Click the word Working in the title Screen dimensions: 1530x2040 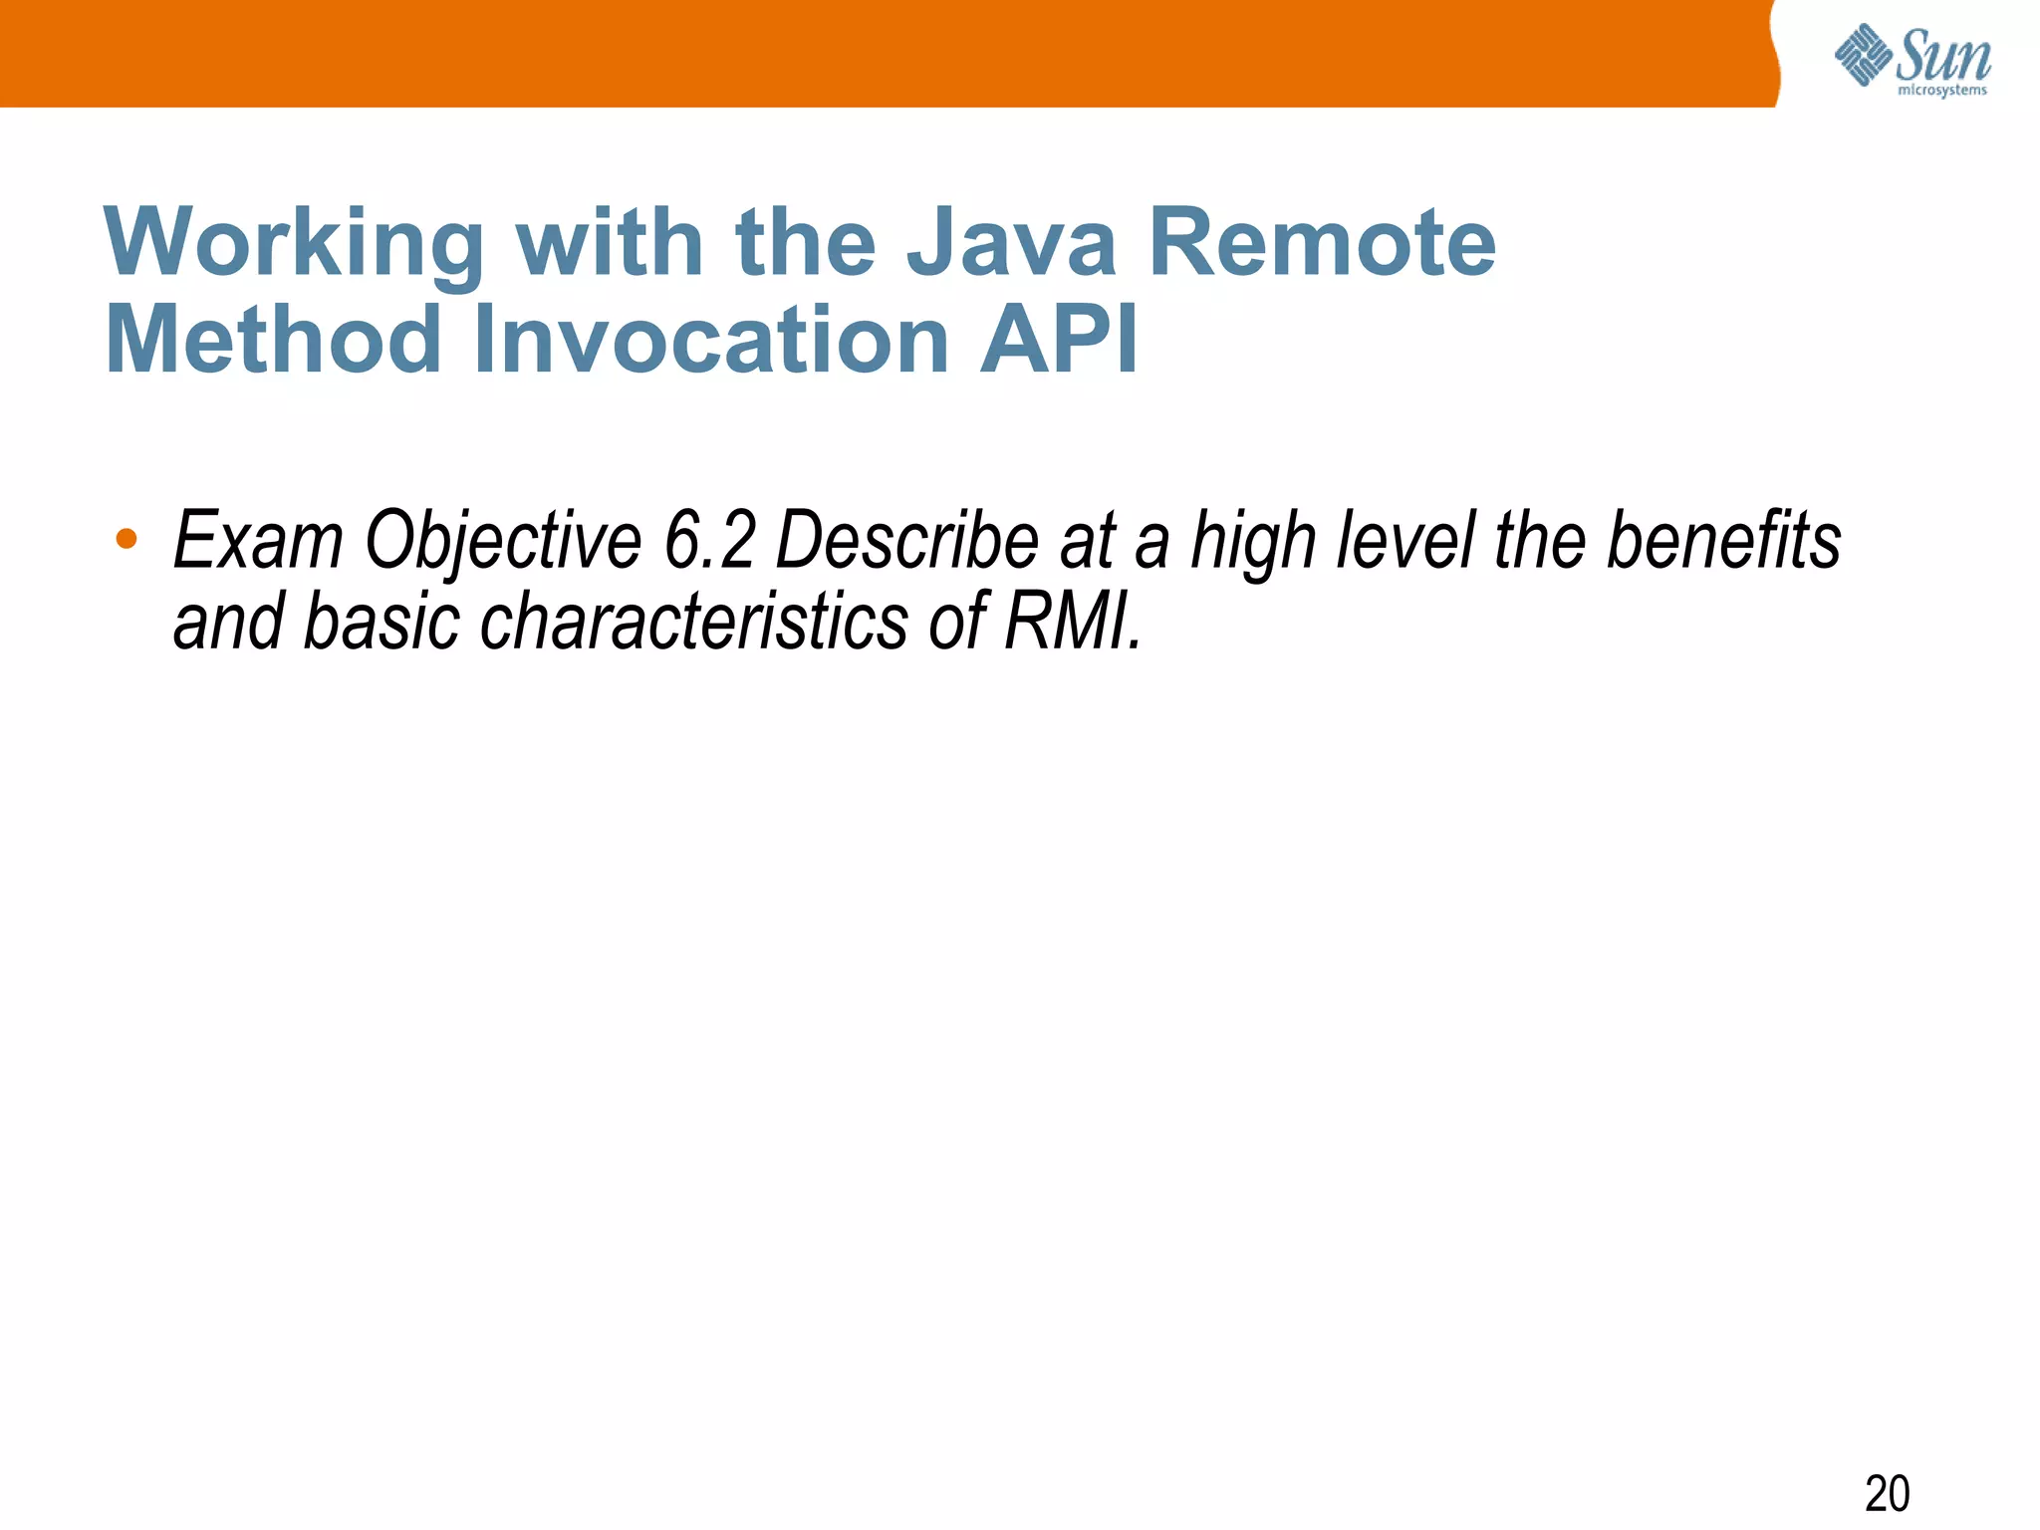pyautogui.click(x=294, y=244)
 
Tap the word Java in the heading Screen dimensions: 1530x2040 pyautogui.click(x=1010, y=244)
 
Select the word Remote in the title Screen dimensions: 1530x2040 pyautogui.click(x=1322, y=244)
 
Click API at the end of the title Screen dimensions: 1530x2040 pyautogui.click(x=1058, y=341)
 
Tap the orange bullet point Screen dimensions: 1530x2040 pyautogui.click(x=127, y=539)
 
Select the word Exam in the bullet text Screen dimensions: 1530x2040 pyautogui.click(x=258, y=541)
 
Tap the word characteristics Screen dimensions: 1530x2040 pyautogui.click(x=693, y=623)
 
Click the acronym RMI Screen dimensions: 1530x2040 pyautogui.click(x=1071, y=623)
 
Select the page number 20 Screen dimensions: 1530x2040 pyautogui.click(x=1887, y=1493)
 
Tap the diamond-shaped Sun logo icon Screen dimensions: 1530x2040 pyautogui.click(x=1863, y=55)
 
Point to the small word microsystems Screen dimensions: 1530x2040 pyautogui.click(x=1941, y=91)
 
